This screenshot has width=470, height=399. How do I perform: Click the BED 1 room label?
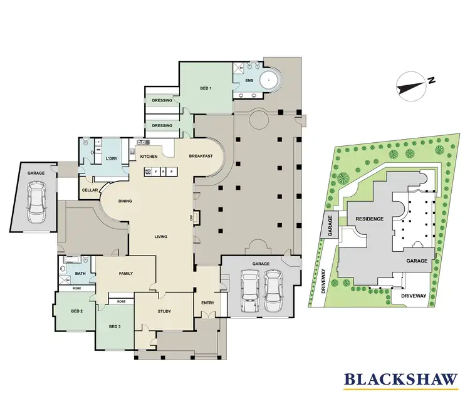pos(206,89)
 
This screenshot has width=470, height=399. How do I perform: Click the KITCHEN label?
pos(149,156)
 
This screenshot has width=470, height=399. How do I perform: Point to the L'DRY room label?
pos(112,158)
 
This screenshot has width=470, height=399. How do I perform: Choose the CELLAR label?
pos(90,190)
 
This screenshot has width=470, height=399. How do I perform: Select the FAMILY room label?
pos(126,274)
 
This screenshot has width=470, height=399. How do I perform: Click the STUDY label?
pos(164,311)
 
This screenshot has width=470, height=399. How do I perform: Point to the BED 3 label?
pos(114,326)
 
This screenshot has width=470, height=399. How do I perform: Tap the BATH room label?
pos(80,273)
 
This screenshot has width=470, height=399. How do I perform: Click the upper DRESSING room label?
pos(162,100)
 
